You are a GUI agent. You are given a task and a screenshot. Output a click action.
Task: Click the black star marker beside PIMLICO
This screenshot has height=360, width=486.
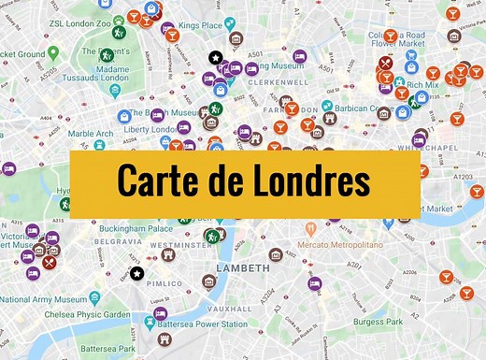tap(137, 274)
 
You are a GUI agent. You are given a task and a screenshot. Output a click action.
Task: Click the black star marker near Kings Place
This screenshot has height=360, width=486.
tap(215, 59)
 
